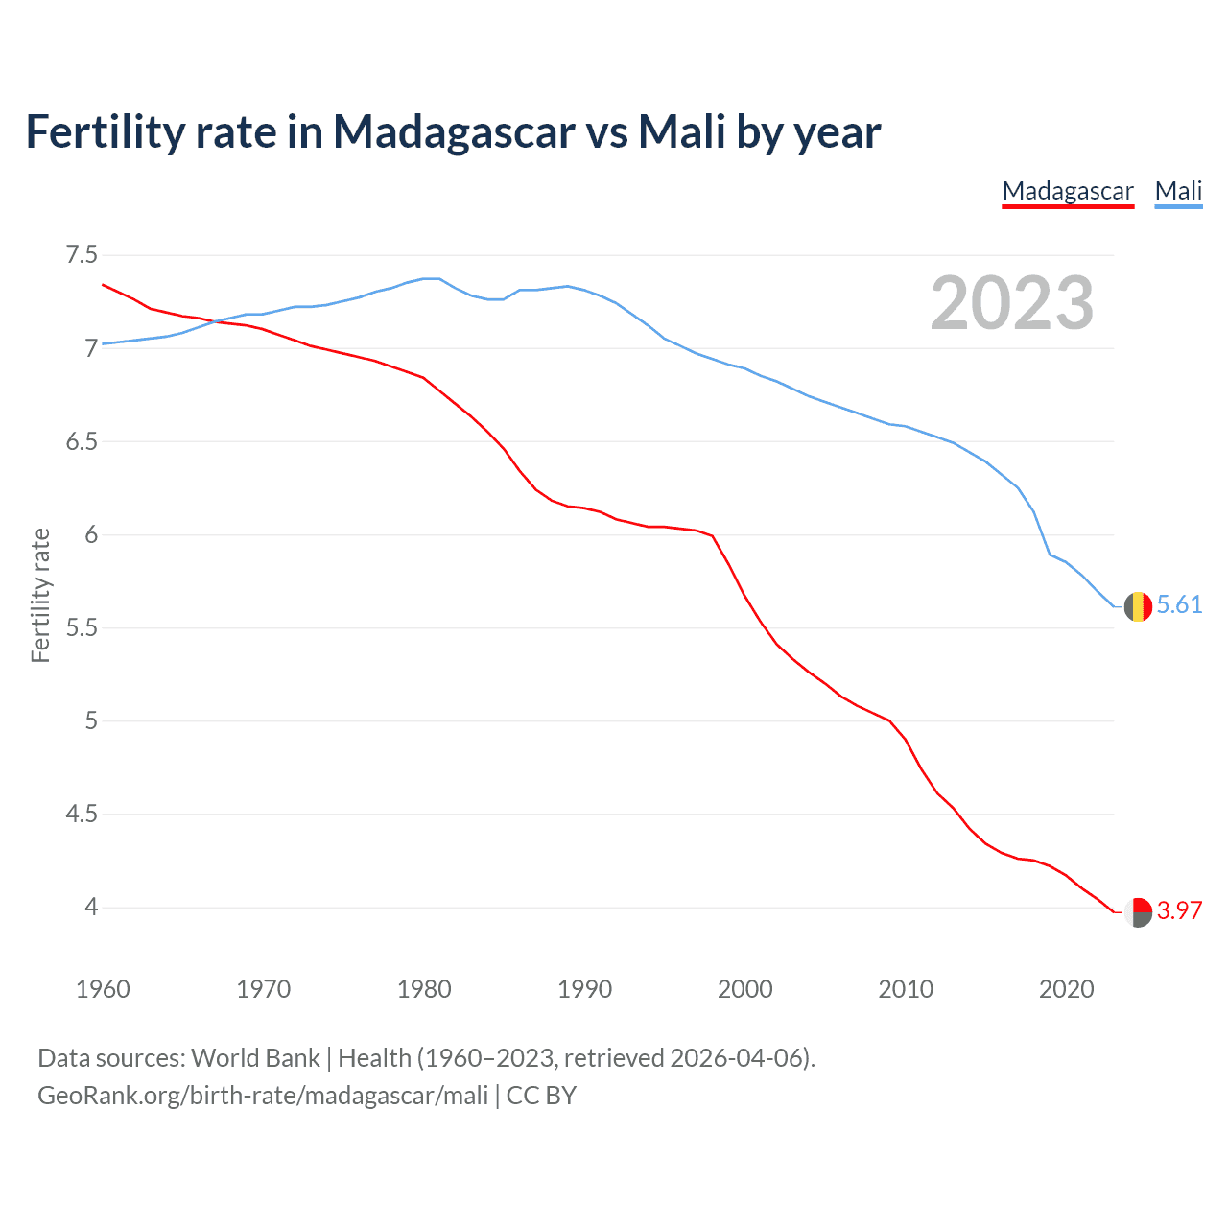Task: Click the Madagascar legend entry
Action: [x=1068, y=191]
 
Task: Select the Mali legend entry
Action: [x=1178, y=191]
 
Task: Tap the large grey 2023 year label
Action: [x=1012, y=303]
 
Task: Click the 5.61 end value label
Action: [x=1179, y=604]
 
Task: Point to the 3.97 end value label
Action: [x=1179, y=910]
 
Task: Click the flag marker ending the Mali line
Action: [x=1138, y=606]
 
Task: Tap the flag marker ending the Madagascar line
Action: [x=1138, y=911]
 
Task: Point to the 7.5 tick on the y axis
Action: [x=82, y=255]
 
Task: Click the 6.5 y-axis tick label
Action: [x=82, y=441]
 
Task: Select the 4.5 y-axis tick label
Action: [x=82, y=815]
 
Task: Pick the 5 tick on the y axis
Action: [x=91, y=721]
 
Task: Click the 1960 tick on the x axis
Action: [x=103, y=989]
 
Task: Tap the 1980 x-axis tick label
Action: [x=424, y=989]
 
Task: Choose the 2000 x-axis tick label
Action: [x=744, y=989]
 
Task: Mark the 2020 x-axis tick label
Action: [x=1066, y=989]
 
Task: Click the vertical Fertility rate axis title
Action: [x=40, y=595]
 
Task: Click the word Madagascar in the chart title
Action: [x=454, y=131]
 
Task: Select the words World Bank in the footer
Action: [x=255, y=1058]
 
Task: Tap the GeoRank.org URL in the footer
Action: [x=263, y=1096]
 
